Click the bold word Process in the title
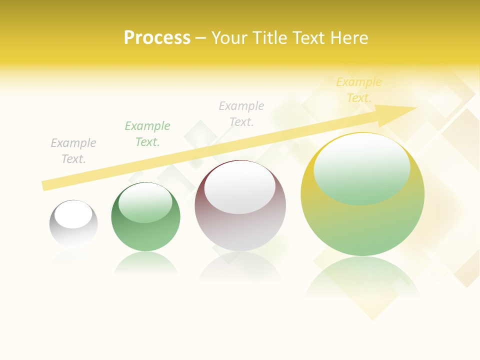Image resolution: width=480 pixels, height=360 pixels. (x=157, y=38)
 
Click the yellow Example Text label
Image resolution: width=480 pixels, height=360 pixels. (x=359, y=90)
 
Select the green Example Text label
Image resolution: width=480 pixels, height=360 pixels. (x=147, y=134)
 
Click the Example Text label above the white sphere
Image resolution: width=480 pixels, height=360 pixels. (x=73, y=151)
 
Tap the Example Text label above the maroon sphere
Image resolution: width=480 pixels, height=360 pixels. (x=241, y=113)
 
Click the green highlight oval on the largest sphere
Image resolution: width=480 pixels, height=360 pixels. (x=362, y=169)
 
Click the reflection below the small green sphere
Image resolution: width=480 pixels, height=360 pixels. (x=145, y=263)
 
